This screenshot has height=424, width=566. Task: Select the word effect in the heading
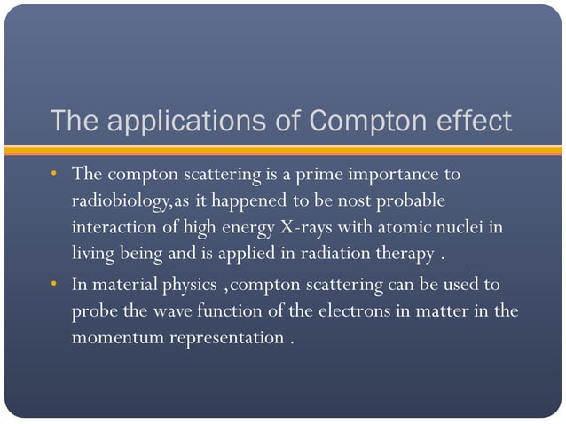(469, 121)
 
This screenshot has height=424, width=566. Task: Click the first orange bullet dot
(54, 170)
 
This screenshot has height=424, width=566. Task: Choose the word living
(95, 255)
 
